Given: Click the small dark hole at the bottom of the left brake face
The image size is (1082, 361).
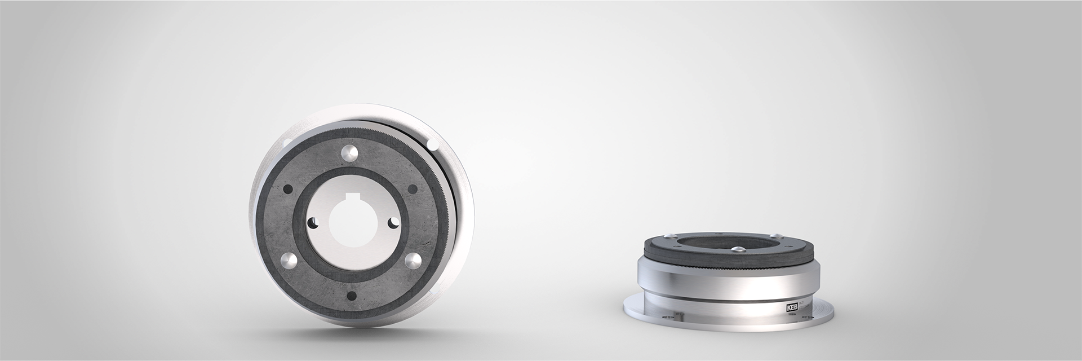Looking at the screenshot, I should tap(352, 295).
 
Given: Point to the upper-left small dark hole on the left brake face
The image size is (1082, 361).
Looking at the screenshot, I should tap(287, 190).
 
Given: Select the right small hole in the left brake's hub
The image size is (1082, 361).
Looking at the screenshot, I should tap(394, 223).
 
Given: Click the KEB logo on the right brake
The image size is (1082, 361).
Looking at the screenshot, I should tap(792, 308).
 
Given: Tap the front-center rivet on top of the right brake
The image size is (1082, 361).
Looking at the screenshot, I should tap(738, 249).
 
